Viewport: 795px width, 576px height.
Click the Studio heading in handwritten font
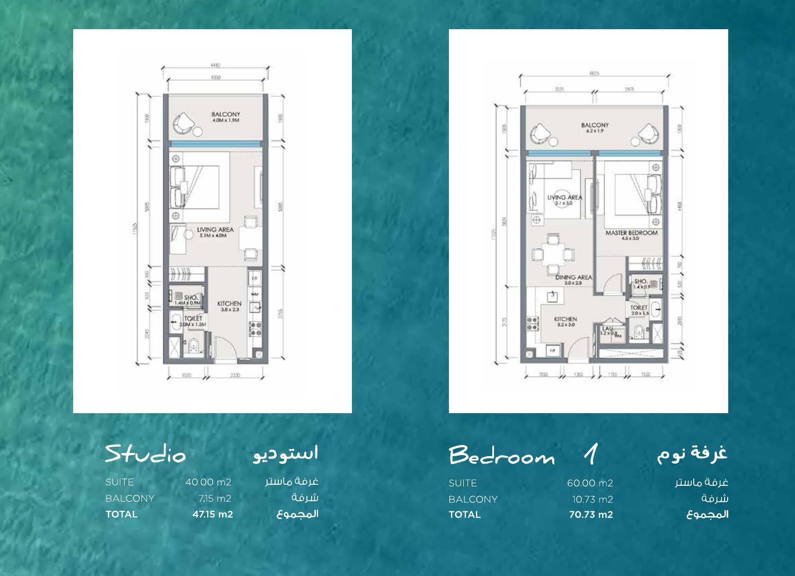click(x=145, y=455)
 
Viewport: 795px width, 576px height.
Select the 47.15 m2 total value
click(x=212, y=514)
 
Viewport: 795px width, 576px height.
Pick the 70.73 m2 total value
click(x=590, y=514)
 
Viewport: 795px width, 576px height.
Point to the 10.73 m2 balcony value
click(x=592, y=499)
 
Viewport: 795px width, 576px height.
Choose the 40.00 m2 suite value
click(x=208, y=483)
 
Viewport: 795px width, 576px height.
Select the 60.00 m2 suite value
click(x=589, y=483)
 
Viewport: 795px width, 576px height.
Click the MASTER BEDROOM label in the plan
click(x=631, y=233)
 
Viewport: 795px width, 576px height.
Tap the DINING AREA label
click(x=573, y=277)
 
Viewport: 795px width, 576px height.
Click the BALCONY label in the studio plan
click(x=225, y=114)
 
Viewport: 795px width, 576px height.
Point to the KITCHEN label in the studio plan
click(x=229, y=304)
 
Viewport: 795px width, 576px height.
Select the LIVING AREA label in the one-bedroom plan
click(x=564, y=197)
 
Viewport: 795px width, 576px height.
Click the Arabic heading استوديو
click(x=285, y=455)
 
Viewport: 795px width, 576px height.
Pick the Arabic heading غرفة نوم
click(x=692, y=455)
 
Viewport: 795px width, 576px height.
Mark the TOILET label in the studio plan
click(x=193, y=319)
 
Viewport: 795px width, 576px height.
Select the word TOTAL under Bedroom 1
click(x=464, y=514)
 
